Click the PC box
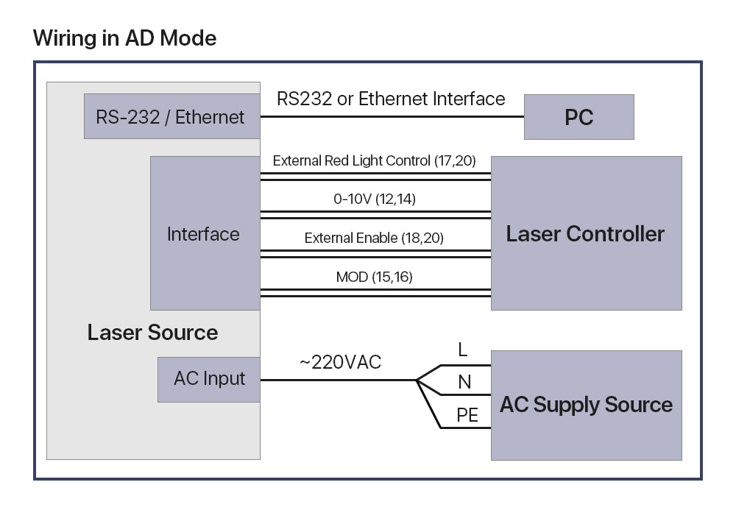pos(578,117)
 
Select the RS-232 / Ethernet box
pos(171,117)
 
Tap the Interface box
pos(204,234)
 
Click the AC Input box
pos(209,379)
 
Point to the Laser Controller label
pos(585,234)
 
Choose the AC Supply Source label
pos(586,405)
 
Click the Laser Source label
pos(152,333)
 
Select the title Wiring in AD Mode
pos(125,38)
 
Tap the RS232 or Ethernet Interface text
pos(391,99)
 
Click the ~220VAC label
pos(340,362)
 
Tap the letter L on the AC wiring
pos(462,350)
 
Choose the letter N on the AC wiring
pos(464,382)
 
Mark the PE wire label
pos(467,416)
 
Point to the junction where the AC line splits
pos(417,380)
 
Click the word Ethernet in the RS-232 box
pos(211,117)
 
